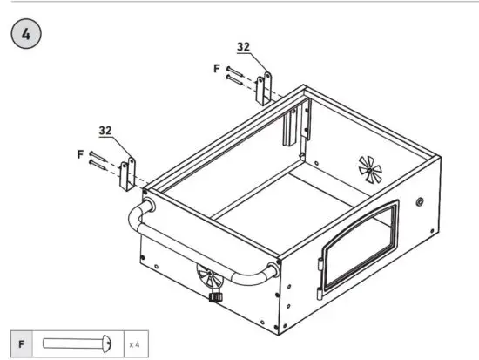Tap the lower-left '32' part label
105,130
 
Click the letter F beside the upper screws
217,67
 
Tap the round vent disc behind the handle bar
209,279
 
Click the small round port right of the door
422,202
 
